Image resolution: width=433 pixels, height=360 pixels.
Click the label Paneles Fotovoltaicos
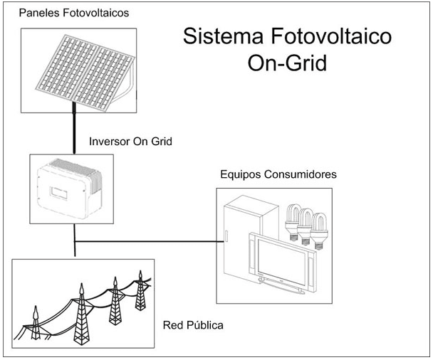click(74, 13)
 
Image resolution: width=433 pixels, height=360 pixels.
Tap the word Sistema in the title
click(223, 36)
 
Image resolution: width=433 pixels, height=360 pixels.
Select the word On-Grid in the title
click(287, 63)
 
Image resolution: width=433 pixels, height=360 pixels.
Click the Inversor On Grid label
click(130, 142)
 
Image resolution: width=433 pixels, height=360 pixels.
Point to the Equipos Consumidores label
click(278, 174)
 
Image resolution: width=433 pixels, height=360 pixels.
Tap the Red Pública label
click(193, 325)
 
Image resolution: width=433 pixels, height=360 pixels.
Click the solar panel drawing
click(85, 73)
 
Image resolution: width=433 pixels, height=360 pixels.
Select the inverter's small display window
click(58, 193)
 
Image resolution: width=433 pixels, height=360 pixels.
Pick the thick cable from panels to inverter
click(74, 128)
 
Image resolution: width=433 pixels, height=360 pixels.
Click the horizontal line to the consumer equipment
click(150, 242)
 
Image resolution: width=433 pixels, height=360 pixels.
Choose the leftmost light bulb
click(293, 222)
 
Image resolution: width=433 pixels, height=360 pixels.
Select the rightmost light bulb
click(318, 231)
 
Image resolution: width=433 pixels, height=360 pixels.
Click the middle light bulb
click(306, 226)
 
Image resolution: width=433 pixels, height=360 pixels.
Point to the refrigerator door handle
click(226, 236)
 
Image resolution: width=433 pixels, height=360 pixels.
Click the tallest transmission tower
click(82, 314)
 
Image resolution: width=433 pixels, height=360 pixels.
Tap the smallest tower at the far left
click(36, 323)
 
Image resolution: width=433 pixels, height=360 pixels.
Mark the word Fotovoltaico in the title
click(331, 36)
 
